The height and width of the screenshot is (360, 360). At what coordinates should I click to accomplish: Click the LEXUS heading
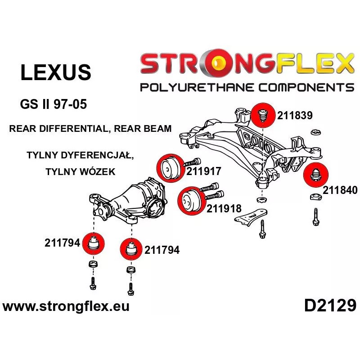coord(56,72)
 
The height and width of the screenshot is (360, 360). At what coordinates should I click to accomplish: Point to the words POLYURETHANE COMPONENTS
coord(247,87)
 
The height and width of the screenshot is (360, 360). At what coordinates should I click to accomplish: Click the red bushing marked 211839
coord(263,115)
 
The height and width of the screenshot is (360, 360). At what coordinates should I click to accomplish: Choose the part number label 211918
coord(224,208)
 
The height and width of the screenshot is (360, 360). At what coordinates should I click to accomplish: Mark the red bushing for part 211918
coord(189,201)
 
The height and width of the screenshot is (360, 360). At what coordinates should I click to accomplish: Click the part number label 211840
coord(340,190)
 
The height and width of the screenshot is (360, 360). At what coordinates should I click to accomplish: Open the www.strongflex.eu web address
coord(66,307)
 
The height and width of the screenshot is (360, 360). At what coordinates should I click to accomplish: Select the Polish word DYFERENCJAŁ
coord(100,156)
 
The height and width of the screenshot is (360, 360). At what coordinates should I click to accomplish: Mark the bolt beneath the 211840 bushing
coord(316,216)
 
